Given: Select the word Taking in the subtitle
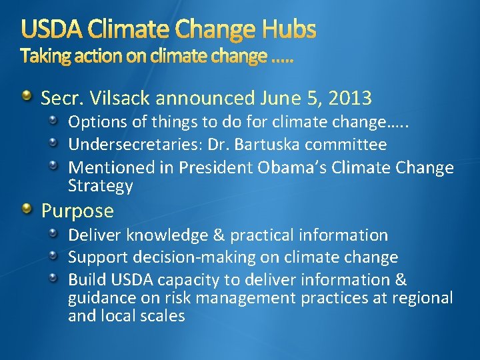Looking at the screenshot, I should click(45, 57).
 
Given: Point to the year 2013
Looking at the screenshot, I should click(349, 99).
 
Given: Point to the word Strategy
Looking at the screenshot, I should click(101, 185).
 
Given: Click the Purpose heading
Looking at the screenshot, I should click(77, 211).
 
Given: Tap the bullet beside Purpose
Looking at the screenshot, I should click(26, 211).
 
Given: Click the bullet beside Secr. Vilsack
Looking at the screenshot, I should click(26, 98).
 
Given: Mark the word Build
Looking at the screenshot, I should click(85, 280).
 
